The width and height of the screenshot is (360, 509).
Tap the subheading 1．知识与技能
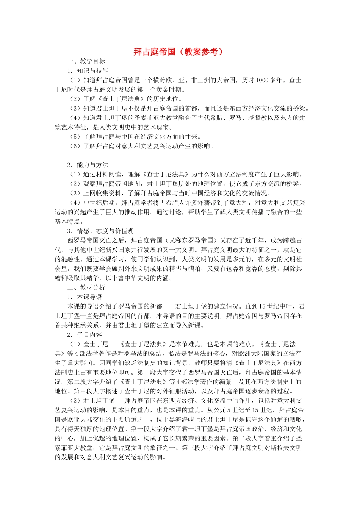click(88, 71)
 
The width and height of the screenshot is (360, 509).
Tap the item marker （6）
click(75, 146)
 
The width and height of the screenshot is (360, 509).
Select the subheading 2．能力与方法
click(88, 165)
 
